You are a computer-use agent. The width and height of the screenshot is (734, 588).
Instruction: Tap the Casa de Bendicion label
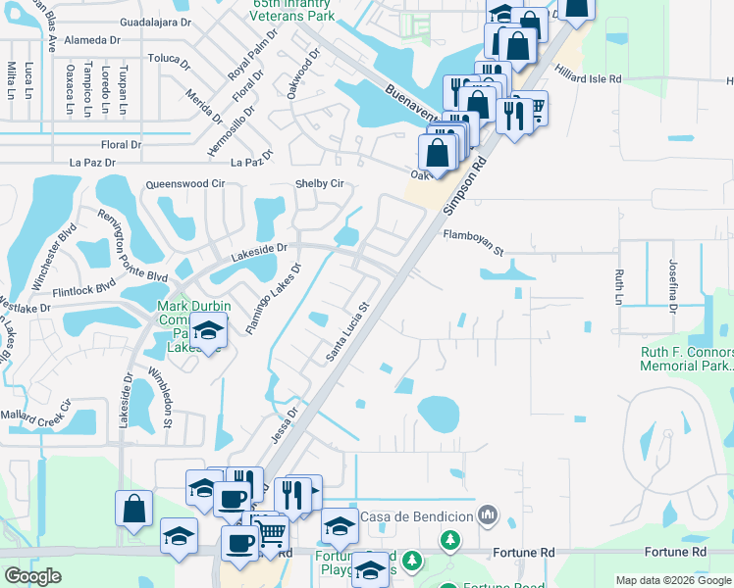click(417, 515)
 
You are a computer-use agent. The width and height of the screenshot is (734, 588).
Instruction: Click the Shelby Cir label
click(320, 183)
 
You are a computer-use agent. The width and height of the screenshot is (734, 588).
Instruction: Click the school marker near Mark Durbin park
click(207, 334)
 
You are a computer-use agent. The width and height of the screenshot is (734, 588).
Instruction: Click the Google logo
click(34, 576)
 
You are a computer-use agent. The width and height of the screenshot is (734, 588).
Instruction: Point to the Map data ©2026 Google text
click(672, 580)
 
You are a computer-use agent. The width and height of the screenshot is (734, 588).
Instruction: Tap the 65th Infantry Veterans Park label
click(294, 10)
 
